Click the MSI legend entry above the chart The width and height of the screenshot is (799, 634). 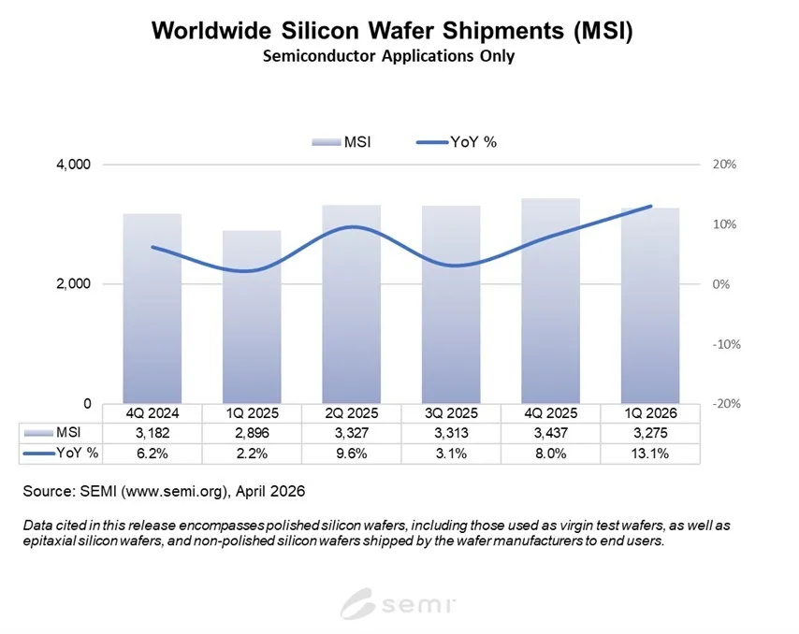click(x=343, y=141)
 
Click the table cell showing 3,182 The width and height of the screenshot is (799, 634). click(x=152, y=432)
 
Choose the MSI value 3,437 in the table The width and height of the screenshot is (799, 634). click(x=549, y=432)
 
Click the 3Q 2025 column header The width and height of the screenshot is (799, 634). click(x=450, y=412)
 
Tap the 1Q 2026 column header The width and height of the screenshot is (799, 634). click(x=649, y=412)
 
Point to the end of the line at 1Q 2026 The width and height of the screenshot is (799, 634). click(x=650, y=206)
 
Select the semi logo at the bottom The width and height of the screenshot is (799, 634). click(x=399, y=603)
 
